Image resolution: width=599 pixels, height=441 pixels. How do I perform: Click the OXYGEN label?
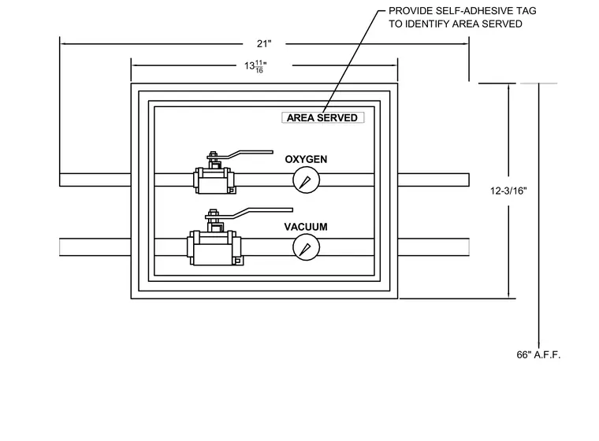coord(306,159)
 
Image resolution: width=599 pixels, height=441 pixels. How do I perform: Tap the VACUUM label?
coord(306,227)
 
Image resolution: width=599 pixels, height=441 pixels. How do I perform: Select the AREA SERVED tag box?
coord(323,117)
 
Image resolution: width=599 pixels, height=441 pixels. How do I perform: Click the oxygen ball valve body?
coord(214,180)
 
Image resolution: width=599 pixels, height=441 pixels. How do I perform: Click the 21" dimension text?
coord(264,44)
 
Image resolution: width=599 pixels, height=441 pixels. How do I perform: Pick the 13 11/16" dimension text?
coord(255,66)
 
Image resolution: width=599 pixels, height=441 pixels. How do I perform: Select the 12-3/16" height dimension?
coord(508,191)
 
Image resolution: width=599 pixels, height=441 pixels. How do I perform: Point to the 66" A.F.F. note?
coord(538,354)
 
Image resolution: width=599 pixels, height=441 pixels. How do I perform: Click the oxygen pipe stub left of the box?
coord(95,180)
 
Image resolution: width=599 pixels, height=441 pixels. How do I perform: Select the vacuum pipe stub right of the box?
coord(433,247)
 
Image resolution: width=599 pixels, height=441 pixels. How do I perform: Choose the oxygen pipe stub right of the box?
coord(433,180)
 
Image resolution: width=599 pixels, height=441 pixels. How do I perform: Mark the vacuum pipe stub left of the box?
coord(95,247)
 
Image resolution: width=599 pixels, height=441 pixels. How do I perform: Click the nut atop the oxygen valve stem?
coord(212,154)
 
